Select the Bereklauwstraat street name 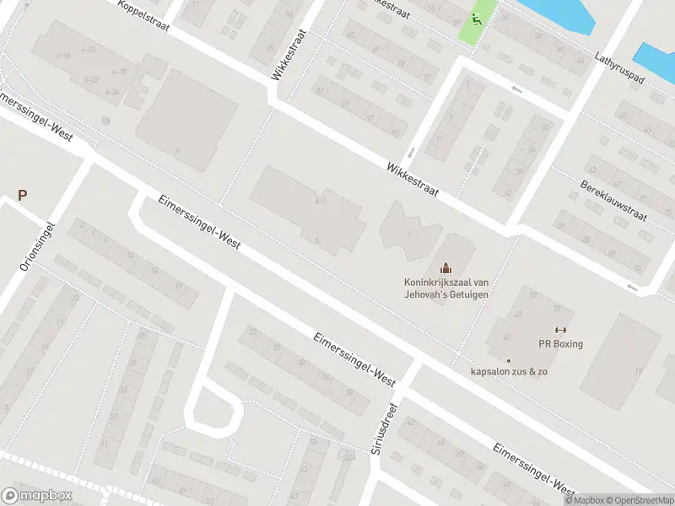(613, 200)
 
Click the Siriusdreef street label (388, 428)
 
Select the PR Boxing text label (560, 344)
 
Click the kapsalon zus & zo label (510, 372)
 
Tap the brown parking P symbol (23, 196)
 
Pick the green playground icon (478, 18)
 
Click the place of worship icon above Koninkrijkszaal (445, 268)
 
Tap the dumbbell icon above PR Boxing (559, 330)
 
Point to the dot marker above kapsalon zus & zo (508, 361)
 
